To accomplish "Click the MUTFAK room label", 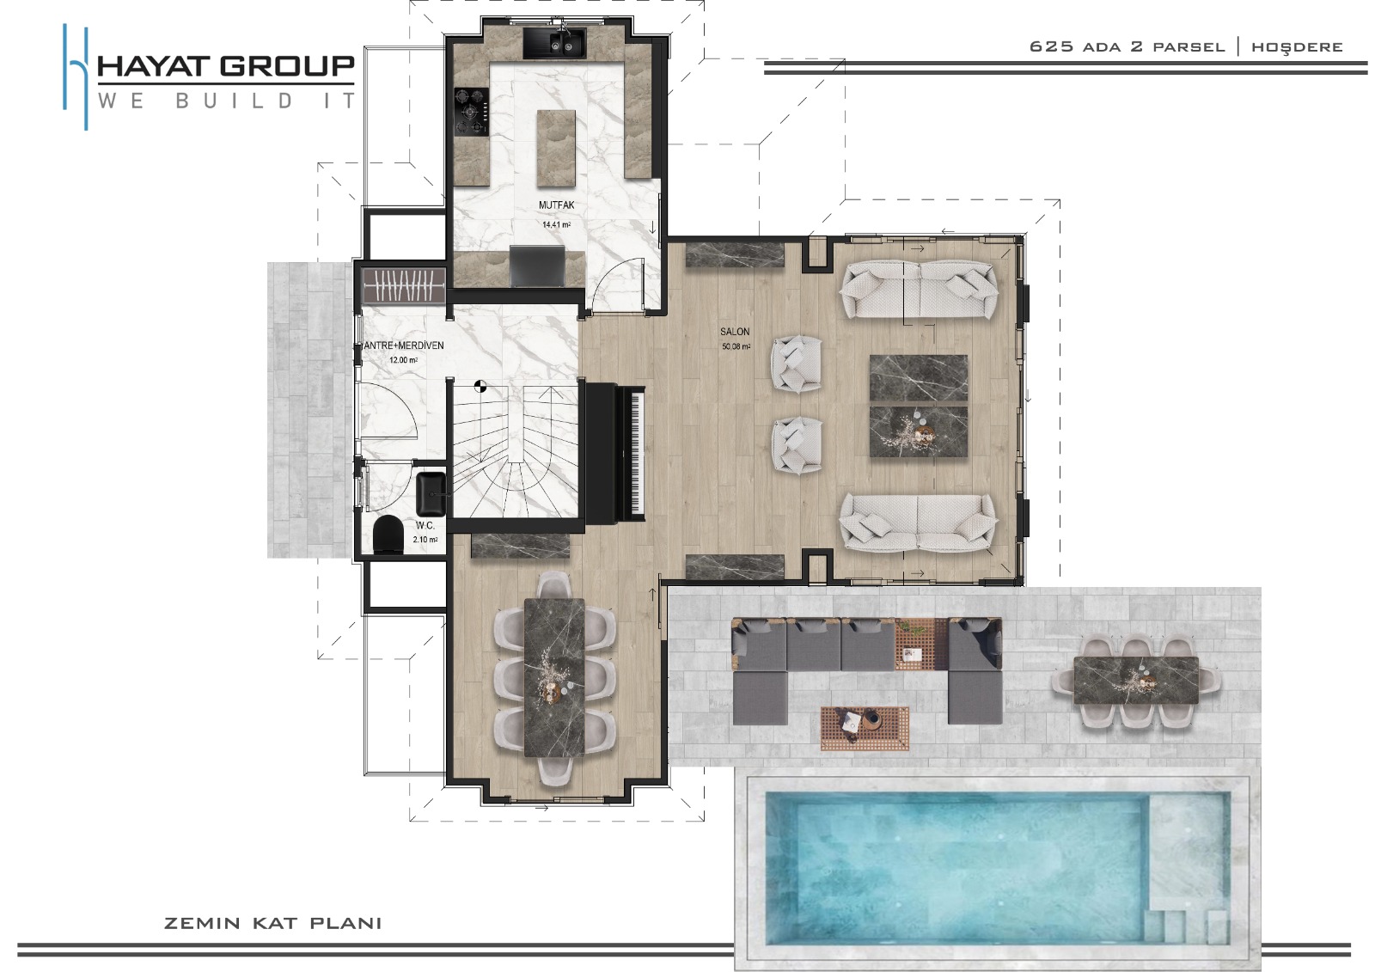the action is coord(557,205).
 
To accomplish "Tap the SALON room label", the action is coord(735,333).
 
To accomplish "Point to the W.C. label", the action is coord(425,526).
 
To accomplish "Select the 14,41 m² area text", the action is coord(556,224).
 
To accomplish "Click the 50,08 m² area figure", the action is coord(736,347).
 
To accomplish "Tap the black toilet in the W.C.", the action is coord(388,535).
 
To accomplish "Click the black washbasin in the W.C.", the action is coord(433,494).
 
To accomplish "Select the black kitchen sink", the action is coord(553,43).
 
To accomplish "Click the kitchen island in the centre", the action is coord(556,148).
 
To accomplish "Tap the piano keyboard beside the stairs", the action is coord(636,453).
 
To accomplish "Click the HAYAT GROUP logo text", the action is coord(226,66).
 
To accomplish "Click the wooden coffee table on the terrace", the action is coord(865,728).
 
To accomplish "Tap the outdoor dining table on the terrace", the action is coord(1135,681).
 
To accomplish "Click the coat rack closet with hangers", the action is coord(404,285).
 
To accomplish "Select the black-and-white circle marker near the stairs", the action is coord(480,386).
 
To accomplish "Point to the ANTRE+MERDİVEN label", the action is coord(403,345).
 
